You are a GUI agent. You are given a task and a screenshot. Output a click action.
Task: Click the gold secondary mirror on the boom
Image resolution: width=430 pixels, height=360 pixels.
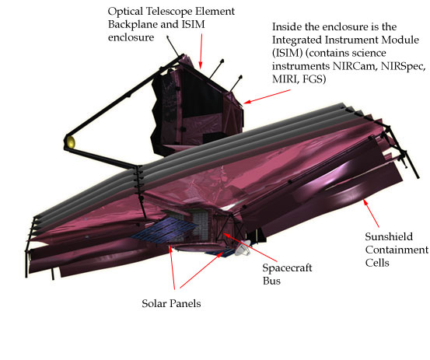[71, 142]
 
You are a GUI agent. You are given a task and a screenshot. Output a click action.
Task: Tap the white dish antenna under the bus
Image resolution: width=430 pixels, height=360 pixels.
[243, 248]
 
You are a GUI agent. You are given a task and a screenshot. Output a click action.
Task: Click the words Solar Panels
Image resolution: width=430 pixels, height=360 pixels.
[171, 303]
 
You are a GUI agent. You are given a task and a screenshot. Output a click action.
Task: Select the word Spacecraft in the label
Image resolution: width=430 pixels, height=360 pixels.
[287, 268]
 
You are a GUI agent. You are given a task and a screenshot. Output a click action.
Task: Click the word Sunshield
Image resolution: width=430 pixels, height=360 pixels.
[389, 236]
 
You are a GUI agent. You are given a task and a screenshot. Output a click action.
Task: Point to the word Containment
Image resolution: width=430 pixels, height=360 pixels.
[397, 250]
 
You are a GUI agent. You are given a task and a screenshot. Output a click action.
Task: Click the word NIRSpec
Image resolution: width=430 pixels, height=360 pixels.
[403, 66]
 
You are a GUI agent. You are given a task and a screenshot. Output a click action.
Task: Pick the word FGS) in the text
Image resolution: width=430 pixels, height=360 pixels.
[314, 79]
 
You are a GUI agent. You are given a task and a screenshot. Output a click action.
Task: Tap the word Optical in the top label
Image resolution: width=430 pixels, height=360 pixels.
[125, 11]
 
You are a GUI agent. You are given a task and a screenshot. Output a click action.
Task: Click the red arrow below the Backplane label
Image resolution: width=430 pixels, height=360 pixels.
[201, 51]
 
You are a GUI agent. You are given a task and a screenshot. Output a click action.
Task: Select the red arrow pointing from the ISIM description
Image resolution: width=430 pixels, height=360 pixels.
[267, 96]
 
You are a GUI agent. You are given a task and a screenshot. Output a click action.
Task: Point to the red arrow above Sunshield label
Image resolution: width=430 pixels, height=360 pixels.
[371, 213]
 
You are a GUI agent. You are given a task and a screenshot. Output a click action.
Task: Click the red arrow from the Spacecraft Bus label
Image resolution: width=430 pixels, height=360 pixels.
[250, 247]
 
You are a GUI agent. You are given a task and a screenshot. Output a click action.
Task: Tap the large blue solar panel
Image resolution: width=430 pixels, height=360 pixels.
[164, 230]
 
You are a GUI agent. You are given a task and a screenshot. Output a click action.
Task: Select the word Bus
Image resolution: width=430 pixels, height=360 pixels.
[271, 281]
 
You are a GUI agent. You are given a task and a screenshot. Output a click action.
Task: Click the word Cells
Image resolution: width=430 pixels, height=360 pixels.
[377, 263]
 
